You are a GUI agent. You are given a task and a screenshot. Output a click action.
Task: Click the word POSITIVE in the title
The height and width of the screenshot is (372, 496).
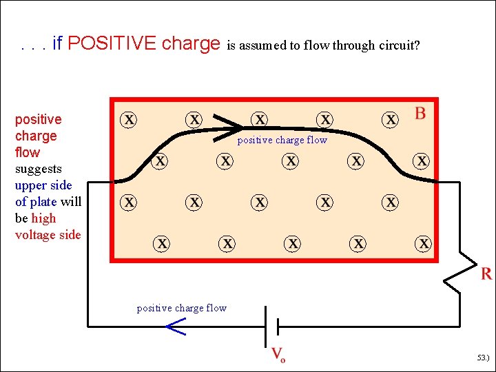[x=112, y=44]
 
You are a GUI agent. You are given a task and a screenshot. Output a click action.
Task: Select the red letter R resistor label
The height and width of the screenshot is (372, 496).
[x=486, y=274]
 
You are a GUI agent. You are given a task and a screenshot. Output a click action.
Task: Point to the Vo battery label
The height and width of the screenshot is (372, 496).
[x=278, y=355]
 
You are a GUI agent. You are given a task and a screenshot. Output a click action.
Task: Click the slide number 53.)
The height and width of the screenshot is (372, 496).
[x=482, y=358]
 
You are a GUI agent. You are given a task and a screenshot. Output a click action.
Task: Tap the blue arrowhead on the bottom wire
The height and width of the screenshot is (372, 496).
[x=176, y=328]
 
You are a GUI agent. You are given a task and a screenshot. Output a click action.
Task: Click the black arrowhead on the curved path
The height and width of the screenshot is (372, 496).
[x=228, y=123]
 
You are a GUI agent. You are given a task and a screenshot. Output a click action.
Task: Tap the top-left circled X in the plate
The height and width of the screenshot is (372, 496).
[x=129, y=119]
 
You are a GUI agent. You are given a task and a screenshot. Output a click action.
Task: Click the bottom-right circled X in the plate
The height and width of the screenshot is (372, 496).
[x=424, y=244]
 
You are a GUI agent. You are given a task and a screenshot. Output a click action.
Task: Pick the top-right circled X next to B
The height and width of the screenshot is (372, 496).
[x=391, y=119]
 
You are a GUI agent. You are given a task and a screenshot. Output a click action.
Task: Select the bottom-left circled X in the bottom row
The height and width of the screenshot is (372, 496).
[x=162, y=244]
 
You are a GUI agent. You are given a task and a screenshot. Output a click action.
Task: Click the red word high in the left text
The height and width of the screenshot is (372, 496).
[x=43, y=218]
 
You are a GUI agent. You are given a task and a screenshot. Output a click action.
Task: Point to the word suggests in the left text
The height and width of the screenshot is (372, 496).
[x=39, y=169]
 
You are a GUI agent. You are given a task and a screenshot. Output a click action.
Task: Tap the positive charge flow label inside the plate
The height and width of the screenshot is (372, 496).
[x=282, y=141]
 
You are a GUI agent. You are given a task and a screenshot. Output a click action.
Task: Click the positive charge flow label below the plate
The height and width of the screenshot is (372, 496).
[x=182, y=308]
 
